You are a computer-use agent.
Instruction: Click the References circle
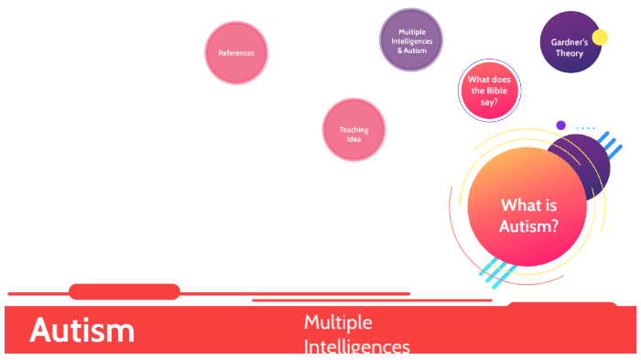pyautogui.click(x=236, y=53)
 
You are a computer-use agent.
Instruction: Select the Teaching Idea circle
pyautogui.click(x=353, y=130)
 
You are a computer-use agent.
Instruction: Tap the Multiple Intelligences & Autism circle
pyautogui.click(x=411, y=40)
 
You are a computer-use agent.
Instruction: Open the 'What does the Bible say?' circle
pyautogui.click(x=489, y=91)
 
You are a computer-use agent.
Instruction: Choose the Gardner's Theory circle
pyautogui.click(x=569, y=44)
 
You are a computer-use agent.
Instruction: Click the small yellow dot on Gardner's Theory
pyautogui.click(x=600, y=38)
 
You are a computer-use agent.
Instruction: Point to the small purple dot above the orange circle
pyautogui.click(x=561, y=125)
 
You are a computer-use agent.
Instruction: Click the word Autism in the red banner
pyautogui.click(x=81, y=331)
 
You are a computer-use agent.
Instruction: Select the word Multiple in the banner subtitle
pyautogui.click(x=338, y=322)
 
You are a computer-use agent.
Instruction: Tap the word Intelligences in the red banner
pyautogui.click(x=356, y=347)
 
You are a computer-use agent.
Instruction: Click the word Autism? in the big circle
pyautogui.click(x=528, y=225)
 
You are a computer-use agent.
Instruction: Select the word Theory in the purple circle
pyautogui.click(x=569, y=53)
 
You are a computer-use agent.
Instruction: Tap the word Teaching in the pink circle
pyautogui.click(x=353, y=130)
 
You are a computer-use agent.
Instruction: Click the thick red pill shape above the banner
pyautogui.click(x=125, y=292)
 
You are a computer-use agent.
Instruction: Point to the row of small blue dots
pyautogui.click(x=585, y=128)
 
